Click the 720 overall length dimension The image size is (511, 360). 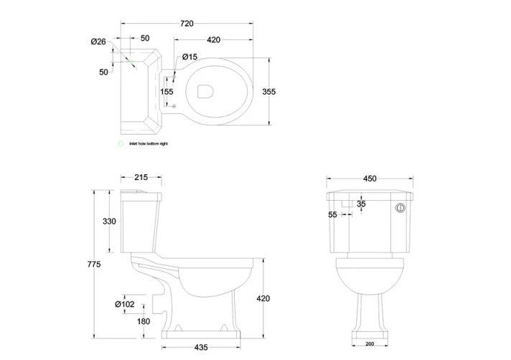point(187,24)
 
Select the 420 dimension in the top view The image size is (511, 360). point(213,39)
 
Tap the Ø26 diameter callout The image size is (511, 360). point(98,42)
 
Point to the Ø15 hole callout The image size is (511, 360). point(190,57)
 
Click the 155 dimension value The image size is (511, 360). point(167,91)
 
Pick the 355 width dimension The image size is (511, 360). point(269,91)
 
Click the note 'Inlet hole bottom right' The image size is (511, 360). point(149,144)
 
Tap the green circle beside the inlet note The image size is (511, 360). point(121,144)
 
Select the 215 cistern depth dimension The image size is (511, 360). point(141,178)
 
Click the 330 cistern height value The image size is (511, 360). point(108,222)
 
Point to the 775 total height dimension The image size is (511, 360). point(93,265)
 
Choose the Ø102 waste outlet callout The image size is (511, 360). point(125,304)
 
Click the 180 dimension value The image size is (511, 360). point(144,321)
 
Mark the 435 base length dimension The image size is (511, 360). point(202,348)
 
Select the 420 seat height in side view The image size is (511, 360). point(263,298)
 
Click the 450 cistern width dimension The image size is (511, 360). point(369,179)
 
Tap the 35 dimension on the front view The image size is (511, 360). point(361,204)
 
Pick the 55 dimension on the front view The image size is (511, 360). point(332,214)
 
